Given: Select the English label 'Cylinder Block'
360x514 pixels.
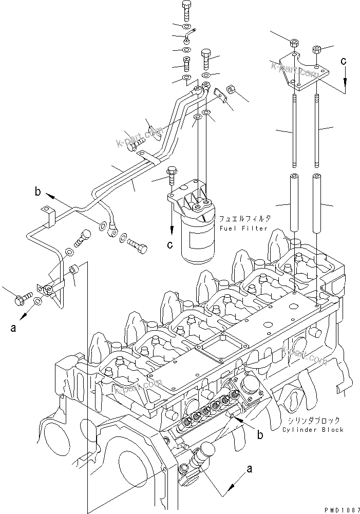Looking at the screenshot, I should (312, 429).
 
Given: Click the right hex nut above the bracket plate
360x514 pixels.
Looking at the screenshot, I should (317, 50).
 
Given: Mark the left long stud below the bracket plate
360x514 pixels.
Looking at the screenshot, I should (294, 130).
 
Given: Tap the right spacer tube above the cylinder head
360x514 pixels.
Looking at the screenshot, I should (317, 202).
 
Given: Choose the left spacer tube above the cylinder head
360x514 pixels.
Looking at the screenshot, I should (294, 202).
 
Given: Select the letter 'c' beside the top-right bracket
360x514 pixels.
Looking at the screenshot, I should (344, 61).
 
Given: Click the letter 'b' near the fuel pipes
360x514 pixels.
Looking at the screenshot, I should (38, 193).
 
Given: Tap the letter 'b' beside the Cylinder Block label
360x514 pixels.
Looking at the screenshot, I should (260, 435).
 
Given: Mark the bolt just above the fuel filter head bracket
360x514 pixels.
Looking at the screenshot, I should (172, 175).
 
